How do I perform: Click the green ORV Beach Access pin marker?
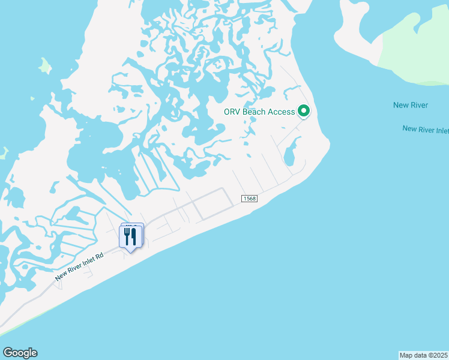[x=304, y=111]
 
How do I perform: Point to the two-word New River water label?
[x=411, y=106]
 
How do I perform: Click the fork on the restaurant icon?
[x=127, y=236]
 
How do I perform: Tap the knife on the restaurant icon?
[x=136, y=236]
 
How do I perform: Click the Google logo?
[x=20, y=353]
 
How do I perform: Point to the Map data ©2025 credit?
[x=424, y=355]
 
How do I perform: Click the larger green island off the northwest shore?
[x=45, y=65]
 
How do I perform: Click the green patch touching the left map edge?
[x=3, y=153]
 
